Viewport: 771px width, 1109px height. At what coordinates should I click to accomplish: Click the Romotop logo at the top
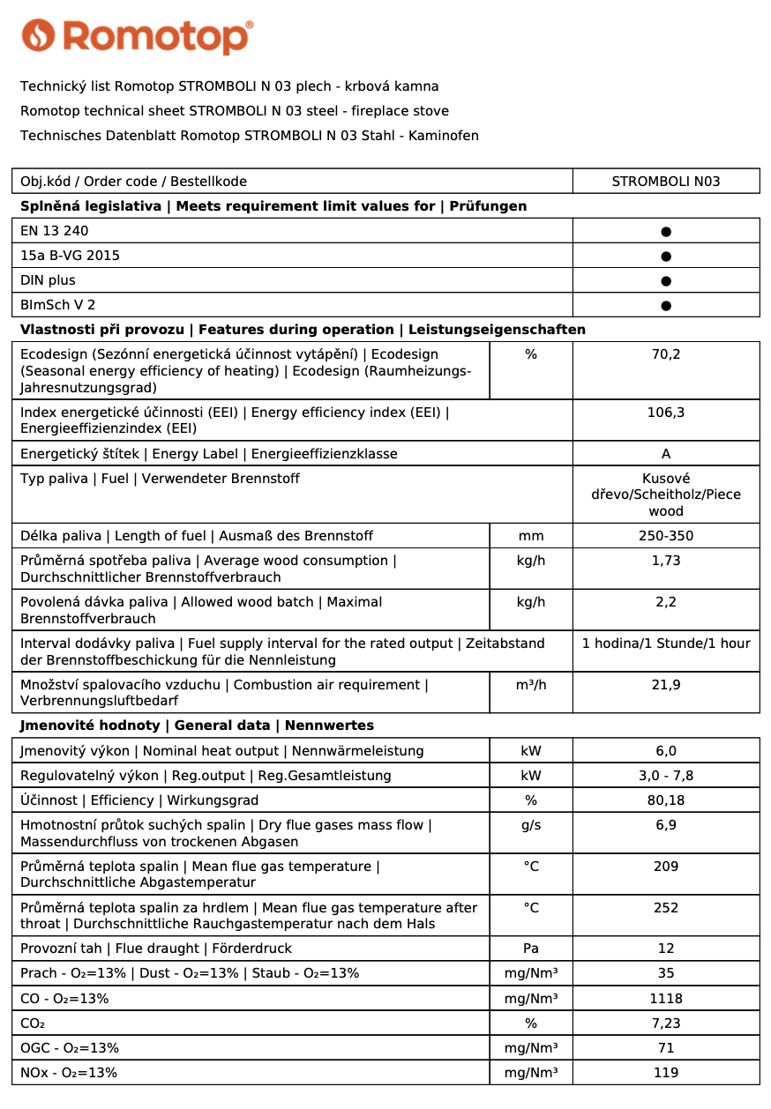pos(137,36)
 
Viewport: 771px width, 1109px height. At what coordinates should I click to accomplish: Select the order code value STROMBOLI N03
pos(666,182)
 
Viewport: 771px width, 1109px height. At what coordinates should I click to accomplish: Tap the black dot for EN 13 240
pos(666,232)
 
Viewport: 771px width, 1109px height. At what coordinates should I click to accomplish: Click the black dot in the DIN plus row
pos(666,281)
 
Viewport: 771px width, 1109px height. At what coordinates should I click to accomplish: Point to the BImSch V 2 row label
pos(58,305)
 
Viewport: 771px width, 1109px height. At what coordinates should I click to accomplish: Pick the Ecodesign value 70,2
pos(666,354)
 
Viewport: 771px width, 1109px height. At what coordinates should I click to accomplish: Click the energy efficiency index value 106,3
pos(666,412)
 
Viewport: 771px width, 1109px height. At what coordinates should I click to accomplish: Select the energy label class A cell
pos(666,454)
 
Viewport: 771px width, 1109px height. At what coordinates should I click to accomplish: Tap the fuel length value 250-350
pos(666,536)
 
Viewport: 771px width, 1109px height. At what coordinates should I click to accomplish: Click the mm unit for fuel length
pos(531,536)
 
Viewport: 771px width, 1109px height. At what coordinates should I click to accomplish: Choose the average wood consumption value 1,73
pos(666,561)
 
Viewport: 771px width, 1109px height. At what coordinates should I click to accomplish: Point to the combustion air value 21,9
pos(666,685)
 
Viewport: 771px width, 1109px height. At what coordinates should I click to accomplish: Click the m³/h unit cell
pos(531,685)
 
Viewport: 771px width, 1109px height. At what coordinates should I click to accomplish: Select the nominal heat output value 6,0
pos(666,751)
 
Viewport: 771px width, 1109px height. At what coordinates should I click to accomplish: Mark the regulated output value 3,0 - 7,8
pos(666,776)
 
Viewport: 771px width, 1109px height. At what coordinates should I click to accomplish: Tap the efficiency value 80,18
pos(666,800)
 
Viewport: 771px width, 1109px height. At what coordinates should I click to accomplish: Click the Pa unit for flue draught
pos(531,949)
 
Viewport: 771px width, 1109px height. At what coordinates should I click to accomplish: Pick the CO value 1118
pos(666,999)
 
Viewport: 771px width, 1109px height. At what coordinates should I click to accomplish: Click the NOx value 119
pos(666,1073)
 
